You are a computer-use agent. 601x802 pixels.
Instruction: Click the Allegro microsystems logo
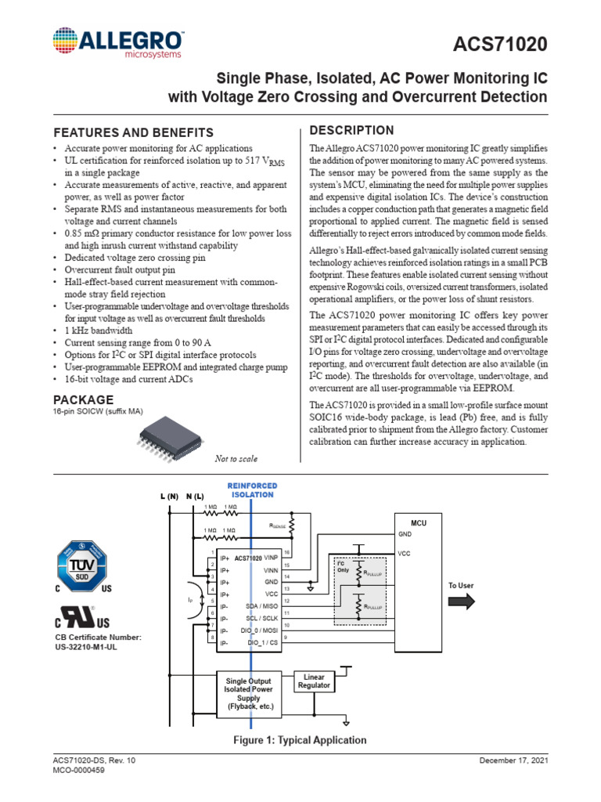coord(118,43)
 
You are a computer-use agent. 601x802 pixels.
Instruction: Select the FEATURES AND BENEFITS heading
coord(132,132)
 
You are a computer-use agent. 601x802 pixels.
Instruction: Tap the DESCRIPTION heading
coord(352,130)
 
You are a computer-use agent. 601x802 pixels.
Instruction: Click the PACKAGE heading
coord(83,400)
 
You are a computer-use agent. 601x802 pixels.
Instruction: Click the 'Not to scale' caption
coord(236,459)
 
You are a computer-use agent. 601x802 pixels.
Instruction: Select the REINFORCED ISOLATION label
coord(252,490)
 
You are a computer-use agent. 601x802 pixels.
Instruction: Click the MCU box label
coord(419,522)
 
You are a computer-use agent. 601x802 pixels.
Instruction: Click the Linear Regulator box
coord(313,681)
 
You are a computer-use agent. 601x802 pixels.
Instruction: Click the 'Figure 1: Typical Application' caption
coord(300,740)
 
